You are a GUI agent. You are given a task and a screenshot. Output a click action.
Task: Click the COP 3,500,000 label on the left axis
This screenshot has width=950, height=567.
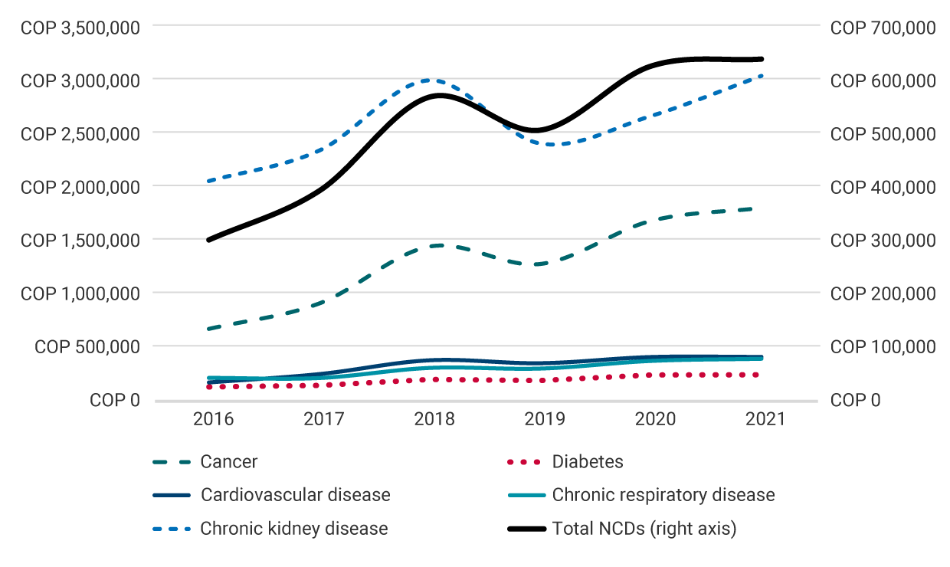click(80, 28)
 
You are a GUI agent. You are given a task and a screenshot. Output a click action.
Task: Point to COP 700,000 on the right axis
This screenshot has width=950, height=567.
click(883, 28)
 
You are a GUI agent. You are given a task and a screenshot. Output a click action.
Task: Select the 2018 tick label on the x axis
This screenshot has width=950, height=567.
click(434, 419)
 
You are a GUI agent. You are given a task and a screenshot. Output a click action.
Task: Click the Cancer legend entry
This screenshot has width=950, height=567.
click(228, 462)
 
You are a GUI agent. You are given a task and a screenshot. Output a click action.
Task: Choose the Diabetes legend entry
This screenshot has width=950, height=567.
click(587, 462)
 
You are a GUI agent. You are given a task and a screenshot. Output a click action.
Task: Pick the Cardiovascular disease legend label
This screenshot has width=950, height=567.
click(295, 495)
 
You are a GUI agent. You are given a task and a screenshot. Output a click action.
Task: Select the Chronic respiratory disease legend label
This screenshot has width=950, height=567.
click(663, 495)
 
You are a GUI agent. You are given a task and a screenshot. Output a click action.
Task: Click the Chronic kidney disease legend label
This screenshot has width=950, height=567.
click(293, 529)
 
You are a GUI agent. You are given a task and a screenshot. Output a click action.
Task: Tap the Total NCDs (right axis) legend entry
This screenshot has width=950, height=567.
click(644, 529)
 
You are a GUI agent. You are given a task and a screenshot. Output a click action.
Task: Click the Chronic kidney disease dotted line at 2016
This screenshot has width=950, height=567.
click(209, 181)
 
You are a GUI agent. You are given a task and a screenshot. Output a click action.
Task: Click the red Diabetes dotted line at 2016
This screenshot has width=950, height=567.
click(209, 387)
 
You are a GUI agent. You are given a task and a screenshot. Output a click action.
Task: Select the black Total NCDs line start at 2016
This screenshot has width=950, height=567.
click(209, 240)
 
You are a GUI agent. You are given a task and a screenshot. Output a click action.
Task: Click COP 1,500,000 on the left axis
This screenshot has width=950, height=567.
click(80, 240)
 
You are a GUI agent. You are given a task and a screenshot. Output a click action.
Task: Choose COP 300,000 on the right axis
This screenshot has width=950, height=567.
click(883, 240)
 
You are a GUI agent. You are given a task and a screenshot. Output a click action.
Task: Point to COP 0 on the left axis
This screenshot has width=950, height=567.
click(114, 400)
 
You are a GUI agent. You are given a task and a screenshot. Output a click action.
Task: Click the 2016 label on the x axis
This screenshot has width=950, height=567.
click(212, 419)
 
